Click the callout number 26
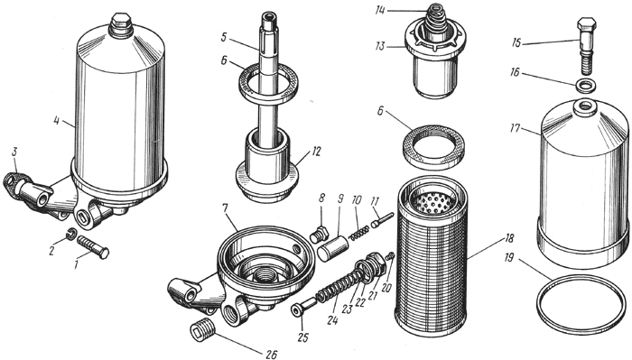271,354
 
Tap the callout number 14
380,11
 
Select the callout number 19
509,257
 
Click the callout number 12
316,152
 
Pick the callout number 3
14,152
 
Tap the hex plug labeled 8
320,234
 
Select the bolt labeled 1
93,245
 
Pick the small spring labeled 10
358,233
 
